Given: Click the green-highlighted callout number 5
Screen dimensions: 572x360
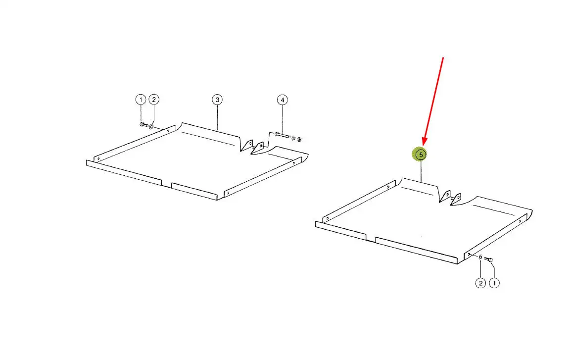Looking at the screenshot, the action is (x=421, y=155).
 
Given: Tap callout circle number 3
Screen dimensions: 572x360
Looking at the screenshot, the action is (x=217, y=100).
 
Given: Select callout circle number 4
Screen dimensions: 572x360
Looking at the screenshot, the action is (x=282, y=100).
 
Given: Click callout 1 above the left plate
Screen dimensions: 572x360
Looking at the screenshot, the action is (x=141, y=100).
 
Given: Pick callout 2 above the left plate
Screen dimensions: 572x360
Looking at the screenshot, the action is (x=154, y=100).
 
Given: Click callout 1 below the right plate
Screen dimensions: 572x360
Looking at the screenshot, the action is (x=494, y=283).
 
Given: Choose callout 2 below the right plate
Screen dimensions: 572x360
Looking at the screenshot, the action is (x=481, y=283).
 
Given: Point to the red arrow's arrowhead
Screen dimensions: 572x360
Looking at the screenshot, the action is (x=425, y=141).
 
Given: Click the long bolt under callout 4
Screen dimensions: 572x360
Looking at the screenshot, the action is (x=283, y=135).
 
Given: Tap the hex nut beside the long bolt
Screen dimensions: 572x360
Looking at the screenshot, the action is (x=299, y=139).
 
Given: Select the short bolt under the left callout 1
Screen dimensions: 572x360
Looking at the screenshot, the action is (x=143, y=125).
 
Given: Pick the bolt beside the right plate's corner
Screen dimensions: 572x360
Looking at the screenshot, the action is (x=488, y=259).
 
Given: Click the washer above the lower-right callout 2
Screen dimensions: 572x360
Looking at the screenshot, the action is (x=481, y=257).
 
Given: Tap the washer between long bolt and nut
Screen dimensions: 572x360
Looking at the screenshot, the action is (x=294, y=138).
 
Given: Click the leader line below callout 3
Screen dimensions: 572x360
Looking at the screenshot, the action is (x=217, y=117).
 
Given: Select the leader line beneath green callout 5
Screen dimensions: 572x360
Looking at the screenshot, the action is (x=421, y=172).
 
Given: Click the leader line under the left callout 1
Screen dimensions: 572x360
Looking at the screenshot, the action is (x=141, y=113).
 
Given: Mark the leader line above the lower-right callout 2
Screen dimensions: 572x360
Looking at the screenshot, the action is (x=481, y=269).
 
